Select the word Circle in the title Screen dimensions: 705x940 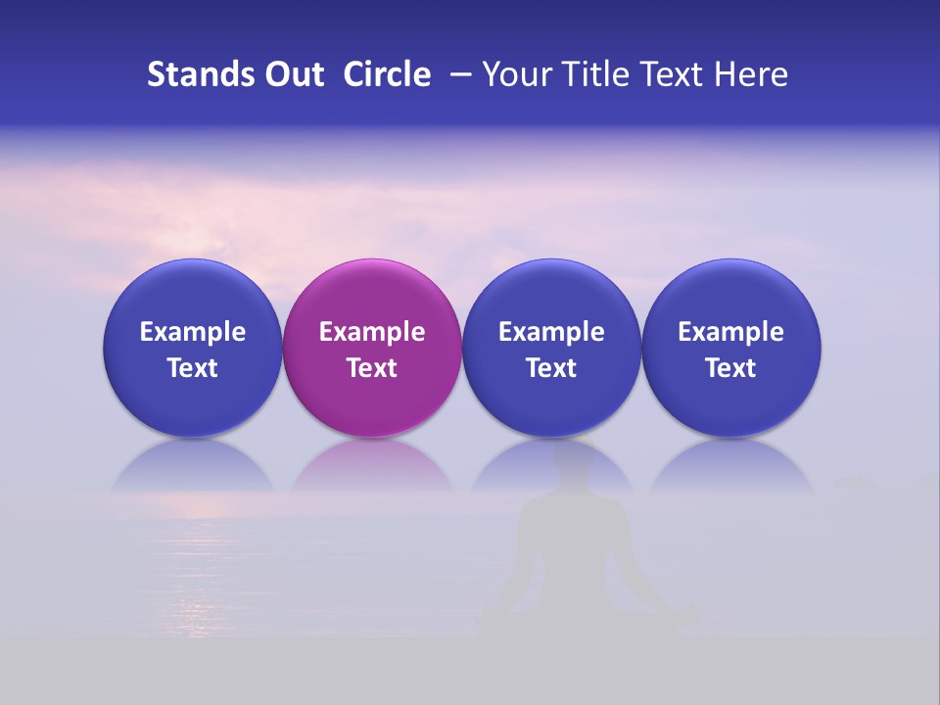pyautogui.click(x=387, y=74)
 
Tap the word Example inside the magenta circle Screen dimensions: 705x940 pyautogui.click(x=372, y=332)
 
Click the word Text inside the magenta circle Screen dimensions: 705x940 pyautogui.click(x=372, y=368)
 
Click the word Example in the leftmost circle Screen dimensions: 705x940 pyautogui.click(x=192, y=332)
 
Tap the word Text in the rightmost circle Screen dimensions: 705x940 pyautogui.click(x=731, y=368)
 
